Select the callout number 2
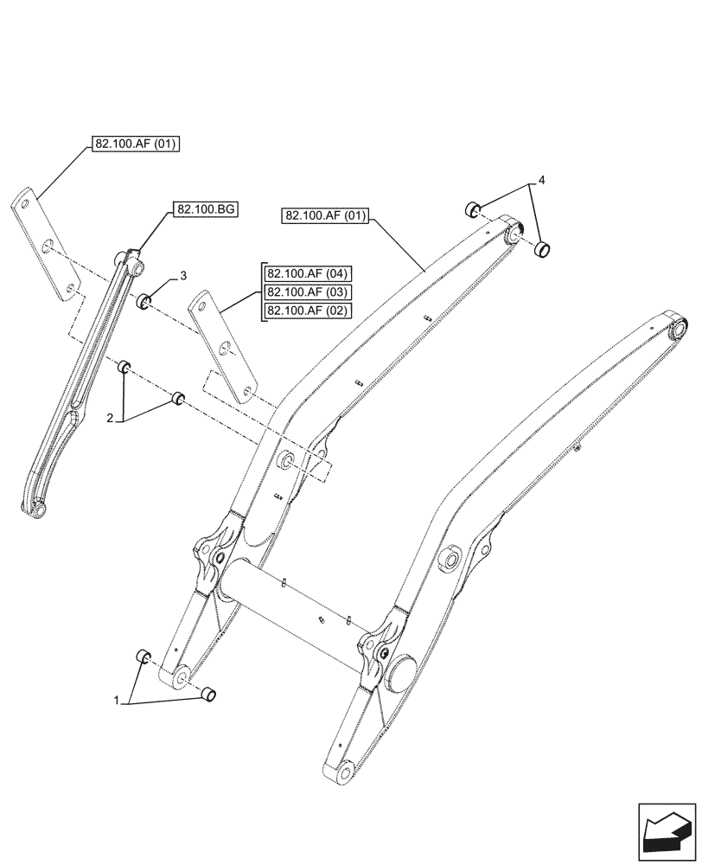point(111,419)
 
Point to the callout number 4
point(541,181)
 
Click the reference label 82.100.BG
point(207,209)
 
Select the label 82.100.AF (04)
point(306,274)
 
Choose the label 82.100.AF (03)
point(306,292)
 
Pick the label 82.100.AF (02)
point(306,311)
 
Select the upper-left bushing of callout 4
point(473,208)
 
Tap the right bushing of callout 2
point(178,398)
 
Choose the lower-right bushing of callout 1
point(207,694)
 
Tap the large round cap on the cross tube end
point(403,670)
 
